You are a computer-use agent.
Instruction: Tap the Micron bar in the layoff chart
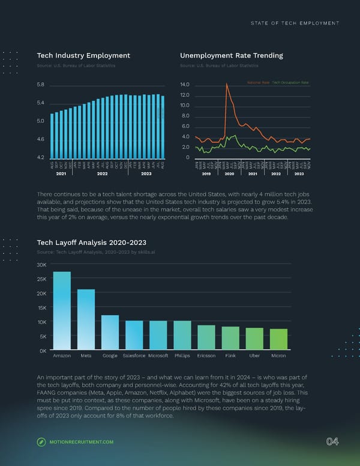278,339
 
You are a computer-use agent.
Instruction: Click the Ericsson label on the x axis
206,356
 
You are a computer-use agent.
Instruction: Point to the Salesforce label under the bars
134,356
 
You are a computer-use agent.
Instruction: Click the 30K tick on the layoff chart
42,265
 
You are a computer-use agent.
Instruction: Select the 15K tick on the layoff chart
42,307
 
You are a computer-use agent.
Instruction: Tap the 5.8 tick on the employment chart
40,85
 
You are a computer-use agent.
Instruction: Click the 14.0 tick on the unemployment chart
185,85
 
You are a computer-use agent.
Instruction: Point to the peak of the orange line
226,84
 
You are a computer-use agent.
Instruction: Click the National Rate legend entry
258,82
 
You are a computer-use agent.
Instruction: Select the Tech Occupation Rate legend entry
290,82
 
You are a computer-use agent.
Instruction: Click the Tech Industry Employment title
83,55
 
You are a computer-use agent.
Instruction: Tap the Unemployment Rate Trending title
232,55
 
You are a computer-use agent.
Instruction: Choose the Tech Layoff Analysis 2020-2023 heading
92,243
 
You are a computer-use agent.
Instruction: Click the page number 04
332,442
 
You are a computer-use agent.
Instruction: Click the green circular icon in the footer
41,443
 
